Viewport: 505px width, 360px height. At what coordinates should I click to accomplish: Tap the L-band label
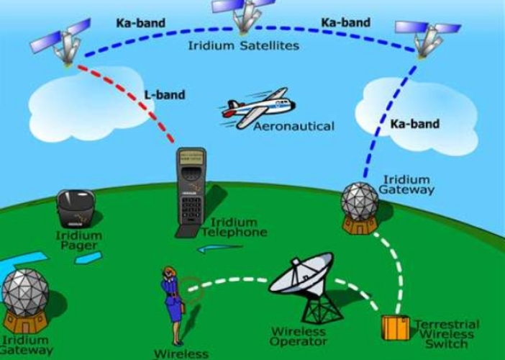(x=165, y=94)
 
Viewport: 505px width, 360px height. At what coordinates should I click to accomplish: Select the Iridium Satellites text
(x=243, y=45)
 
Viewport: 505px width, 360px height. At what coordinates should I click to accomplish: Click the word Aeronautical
(x=294, y=126)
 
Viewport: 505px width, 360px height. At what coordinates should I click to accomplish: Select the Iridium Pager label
(x=78, y=241)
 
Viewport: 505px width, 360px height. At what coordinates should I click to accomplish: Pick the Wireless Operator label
(x=299, y=336)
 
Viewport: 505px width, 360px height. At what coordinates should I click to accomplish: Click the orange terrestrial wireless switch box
(x=395, y=328)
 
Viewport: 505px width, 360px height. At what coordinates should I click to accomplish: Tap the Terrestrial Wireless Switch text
(x=446, y=334)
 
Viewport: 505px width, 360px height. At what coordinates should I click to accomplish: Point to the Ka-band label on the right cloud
(x=414, y=124)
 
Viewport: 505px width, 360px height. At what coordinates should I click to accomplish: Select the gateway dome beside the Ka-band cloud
(x=360, y=203)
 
